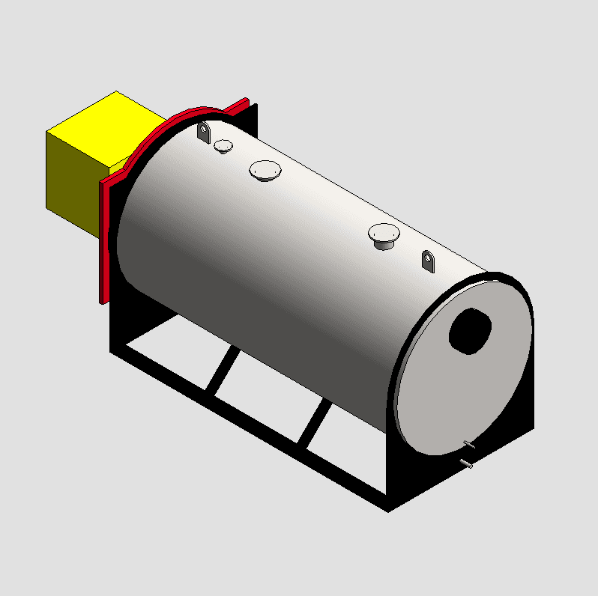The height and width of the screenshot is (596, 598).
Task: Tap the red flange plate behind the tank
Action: tap(106, 240)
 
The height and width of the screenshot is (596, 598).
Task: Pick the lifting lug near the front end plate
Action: tap(428, 261)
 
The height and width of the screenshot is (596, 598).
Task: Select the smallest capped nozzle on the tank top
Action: tap(223, 146)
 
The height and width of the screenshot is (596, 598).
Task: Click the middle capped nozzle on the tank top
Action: tap(265, 171)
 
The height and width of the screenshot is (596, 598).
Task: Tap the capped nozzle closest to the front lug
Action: tap(384, 235)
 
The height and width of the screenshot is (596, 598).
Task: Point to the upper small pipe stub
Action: tap(469, 445)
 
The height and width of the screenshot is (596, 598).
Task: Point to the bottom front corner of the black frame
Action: tap(388, 508)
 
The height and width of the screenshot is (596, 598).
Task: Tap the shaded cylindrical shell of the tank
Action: tap(285, 277)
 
